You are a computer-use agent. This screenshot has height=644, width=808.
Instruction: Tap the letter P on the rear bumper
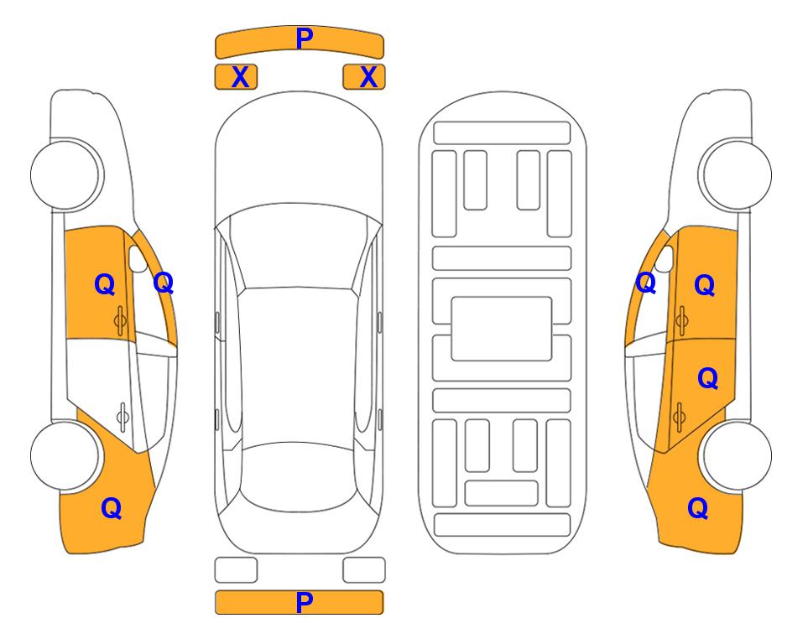[x=304, y=602]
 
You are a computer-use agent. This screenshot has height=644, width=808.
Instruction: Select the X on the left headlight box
[x=240, y=77]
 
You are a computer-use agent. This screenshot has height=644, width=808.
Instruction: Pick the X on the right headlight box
[x=368, y=77]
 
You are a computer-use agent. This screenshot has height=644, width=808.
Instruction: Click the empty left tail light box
[x=236, y=570]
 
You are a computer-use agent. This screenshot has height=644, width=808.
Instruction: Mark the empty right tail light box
[x=364, y=570]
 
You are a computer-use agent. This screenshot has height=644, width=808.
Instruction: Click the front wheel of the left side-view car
[x=65, y=174]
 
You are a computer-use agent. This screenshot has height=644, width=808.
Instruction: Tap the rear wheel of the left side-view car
[x=65, y=455]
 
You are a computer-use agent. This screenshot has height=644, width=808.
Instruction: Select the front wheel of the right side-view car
[x=737, y=174]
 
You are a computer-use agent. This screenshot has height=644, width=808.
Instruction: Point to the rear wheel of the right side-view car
[x=737, y=455]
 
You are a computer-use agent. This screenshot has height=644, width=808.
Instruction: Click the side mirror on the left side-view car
[x=138, y=258]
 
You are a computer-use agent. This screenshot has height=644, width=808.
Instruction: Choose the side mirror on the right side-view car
[x=665, y=258]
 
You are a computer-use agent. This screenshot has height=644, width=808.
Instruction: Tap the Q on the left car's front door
[x=105, y=284]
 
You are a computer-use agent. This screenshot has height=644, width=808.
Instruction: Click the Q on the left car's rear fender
[x=112, y=508]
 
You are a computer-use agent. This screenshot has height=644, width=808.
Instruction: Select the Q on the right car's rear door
[x=707, y=378]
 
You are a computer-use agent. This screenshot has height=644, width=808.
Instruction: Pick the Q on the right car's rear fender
[x=698, y=508]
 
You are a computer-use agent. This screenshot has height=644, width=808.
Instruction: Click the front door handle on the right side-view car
[x=682, y=320]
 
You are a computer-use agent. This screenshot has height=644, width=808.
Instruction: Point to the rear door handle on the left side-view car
[x=123, y=417]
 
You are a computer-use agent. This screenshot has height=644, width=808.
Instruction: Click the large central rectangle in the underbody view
[x=502, y=329]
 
